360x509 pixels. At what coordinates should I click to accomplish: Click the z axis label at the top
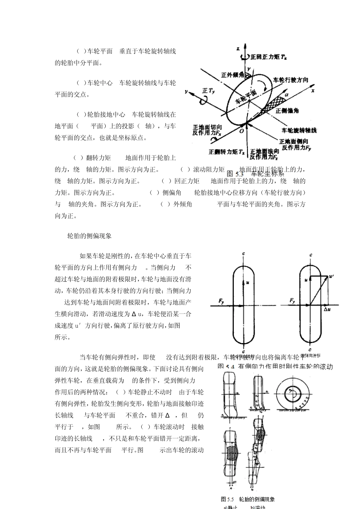pyautogui.click(x=238, y=49)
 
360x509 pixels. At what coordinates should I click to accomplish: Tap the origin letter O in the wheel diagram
pyautogui.click(x=242, y=131)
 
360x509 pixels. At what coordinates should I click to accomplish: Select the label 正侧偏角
pyautogui.click(x=287, y=111)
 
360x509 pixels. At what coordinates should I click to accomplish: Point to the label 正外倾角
pyautogui.click(x=232, y=75)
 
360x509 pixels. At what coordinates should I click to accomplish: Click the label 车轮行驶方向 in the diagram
pyautogui.click(x=291, y=80)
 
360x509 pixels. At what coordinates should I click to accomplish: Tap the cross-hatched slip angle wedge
pyautogui.click(x=274, y=103)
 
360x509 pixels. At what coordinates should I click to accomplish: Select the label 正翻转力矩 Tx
pyautogui.click(x=227, y=151)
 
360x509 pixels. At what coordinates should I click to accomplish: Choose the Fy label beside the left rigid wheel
pyautogui.click(x=221, y=301)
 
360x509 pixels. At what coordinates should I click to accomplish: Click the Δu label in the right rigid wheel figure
pyautogui.click(x=327, y=309)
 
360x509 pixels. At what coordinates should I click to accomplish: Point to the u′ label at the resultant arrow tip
pyautogui.click(x=332, y=277)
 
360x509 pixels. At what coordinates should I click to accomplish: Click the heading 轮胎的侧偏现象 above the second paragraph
pyautogui.click(x=89, y=236)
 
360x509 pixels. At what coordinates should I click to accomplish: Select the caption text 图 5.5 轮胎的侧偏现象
pyautogui.click(x=248, y=499)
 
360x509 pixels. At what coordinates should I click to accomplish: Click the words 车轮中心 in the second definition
pyautogui.click(x=100, y=83)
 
